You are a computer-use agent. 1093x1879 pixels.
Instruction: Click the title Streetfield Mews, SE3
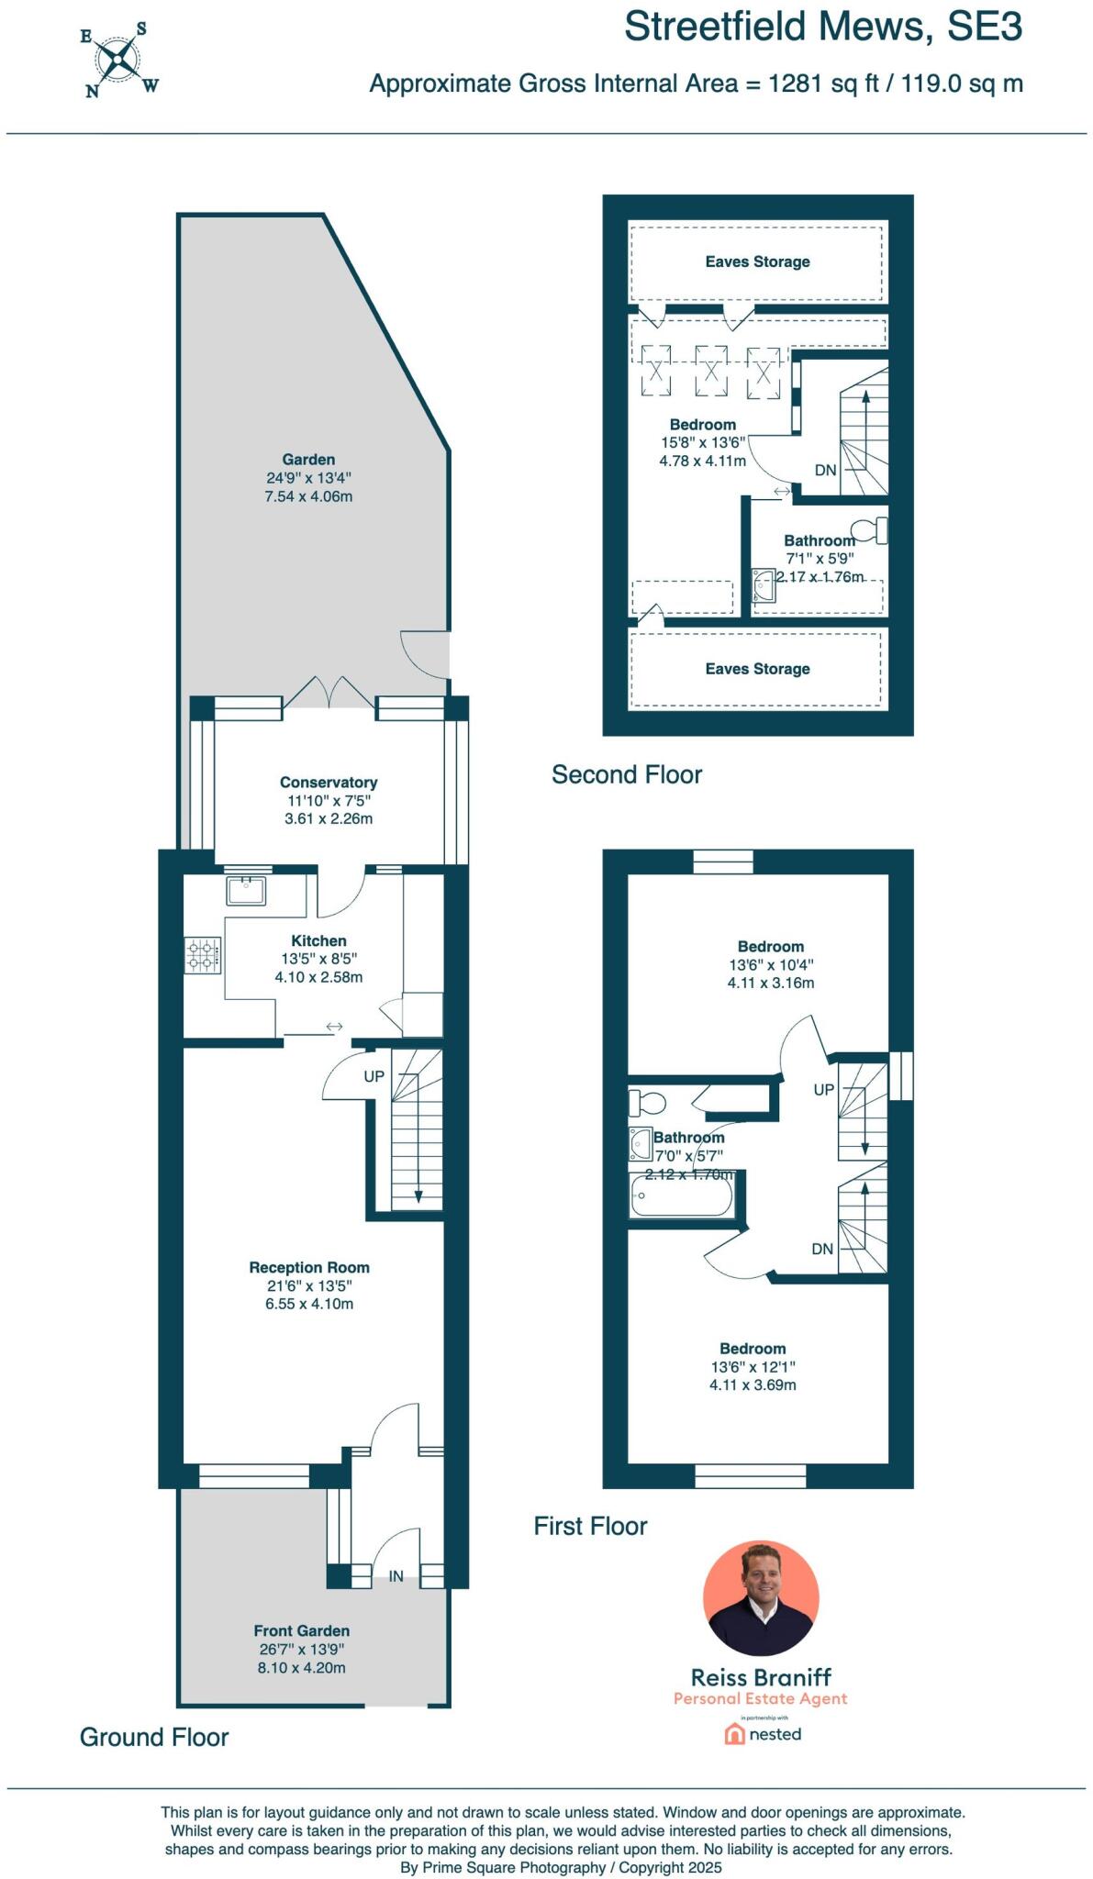(822, 27)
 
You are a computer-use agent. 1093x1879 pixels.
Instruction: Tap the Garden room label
(308, 460)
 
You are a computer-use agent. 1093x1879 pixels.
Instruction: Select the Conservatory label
(329, 783)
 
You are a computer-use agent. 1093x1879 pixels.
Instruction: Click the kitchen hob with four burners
(204, 954)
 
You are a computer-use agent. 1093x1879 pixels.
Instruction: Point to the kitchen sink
(246, 890)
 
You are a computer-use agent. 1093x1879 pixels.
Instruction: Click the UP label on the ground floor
(374, 1076)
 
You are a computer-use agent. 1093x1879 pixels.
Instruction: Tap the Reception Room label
(309, 1267)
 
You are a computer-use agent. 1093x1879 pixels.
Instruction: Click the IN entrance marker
(396, 1576)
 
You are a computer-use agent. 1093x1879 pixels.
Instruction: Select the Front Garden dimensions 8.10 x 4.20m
(301, 1668)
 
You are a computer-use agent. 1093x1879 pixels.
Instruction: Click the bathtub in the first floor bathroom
(681, 1195)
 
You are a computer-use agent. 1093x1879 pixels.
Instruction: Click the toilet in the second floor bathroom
(867, 530)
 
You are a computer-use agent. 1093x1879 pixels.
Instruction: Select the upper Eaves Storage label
(757, 261)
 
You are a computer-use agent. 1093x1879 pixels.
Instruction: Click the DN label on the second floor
(825, 470)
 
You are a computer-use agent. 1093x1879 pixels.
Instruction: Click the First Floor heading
(590, 1527)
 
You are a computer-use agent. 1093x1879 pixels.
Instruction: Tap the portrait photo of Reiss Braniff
(761, 1599)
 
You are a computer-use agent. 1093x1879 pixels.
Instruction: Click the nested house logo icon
(734, 1734)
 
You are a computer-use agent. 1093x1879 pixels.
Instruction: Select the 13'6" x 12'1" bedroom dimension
(753, 1366)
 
